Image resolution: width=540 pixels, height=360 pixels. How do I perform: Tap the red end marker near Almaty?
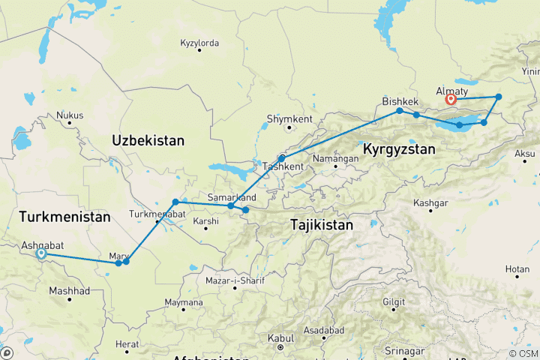click(451, 99)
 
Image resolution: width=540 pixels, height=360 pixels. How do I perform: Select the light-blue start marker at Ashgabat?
click(41, 254)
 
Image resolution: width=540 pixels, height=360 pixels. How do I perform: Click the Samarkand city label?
click(232, 197)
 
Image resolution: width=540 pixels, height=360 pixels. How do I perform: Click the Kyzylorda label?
click(199, 43)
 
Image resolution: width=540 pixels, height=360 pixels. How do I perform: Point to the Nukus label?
click(70, 115)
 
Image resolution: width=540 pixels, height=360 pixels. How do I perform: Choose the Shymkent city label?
click(289, 118)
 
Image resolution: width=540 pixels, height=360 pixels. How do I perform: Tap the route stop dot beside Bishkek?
click(400, 111)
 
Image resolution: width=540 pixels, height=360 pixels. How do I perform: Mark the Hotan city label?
click(517, 268)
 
